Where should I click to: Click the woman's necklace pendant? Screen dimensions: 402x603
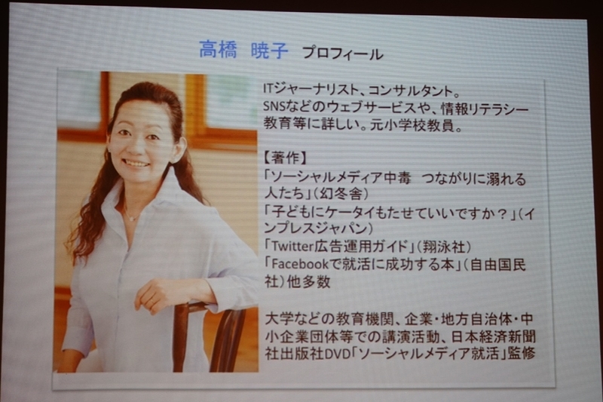click(133, 218)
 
